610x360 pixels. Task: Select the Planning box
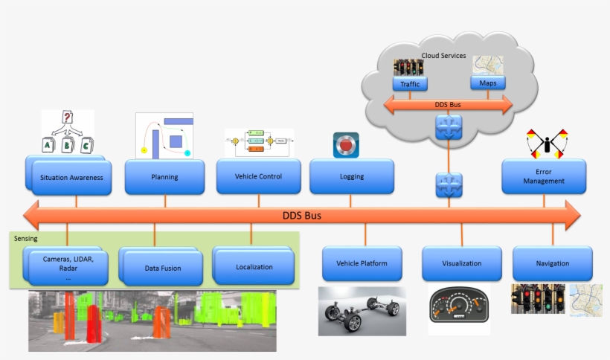pos(164,178)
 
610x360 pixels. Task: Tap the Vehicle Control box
pos(258,176)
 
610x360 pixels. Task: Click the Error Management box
pos(544,176)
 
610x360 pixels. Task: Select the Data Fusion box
pos(163,268)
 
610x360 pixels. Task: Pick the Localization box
pos(254,266)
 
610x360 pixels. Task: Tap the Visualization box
pos(461,263)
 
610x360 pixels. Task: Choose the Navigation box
pos(553,263)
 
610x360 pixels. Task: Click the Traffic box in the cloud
pos(410,84)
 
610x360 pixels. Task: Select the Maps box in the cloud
pos(488,83)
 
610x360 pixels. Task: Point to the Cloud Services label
pos(443,56)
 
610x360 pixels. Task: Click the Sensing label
pos(26,239)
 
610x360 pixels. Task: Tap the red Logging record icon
pos(346,144)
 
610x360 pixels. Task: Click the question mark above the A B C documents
pos(67,118)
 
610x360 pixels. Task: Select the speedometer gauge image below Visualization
pos(459,309)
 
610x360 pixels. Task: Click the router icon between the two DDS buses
pos(449,184)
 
